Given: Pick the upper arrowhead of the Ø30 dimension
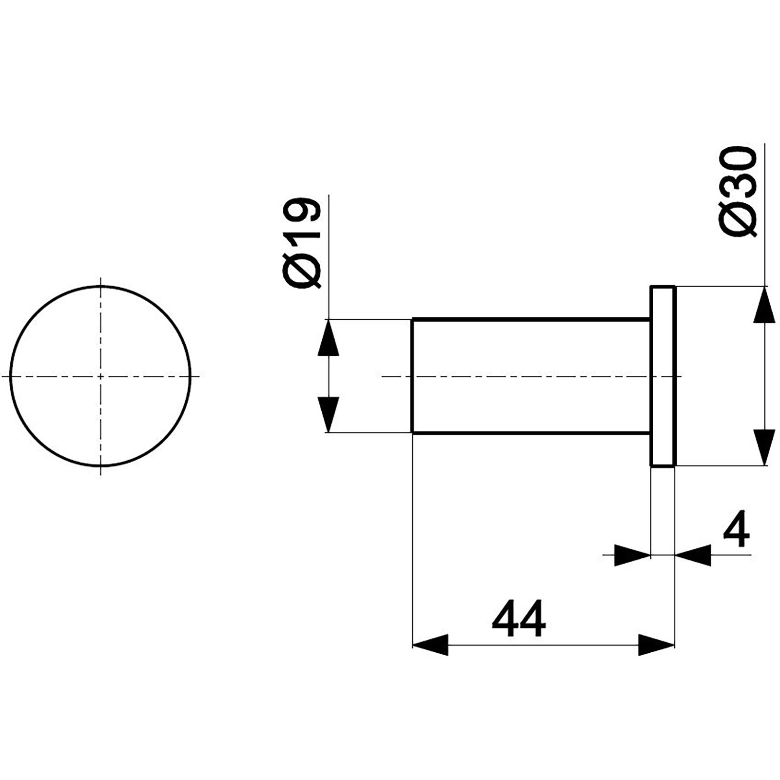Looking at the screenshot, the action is (764, 304).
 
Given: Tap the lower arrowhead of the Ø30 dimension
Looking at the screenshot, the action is (764, 447).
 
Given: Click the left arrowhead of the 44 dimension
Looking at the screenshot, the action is (430, 645).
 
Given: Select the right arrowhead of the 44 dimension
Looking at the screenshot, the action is (657, 645).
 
